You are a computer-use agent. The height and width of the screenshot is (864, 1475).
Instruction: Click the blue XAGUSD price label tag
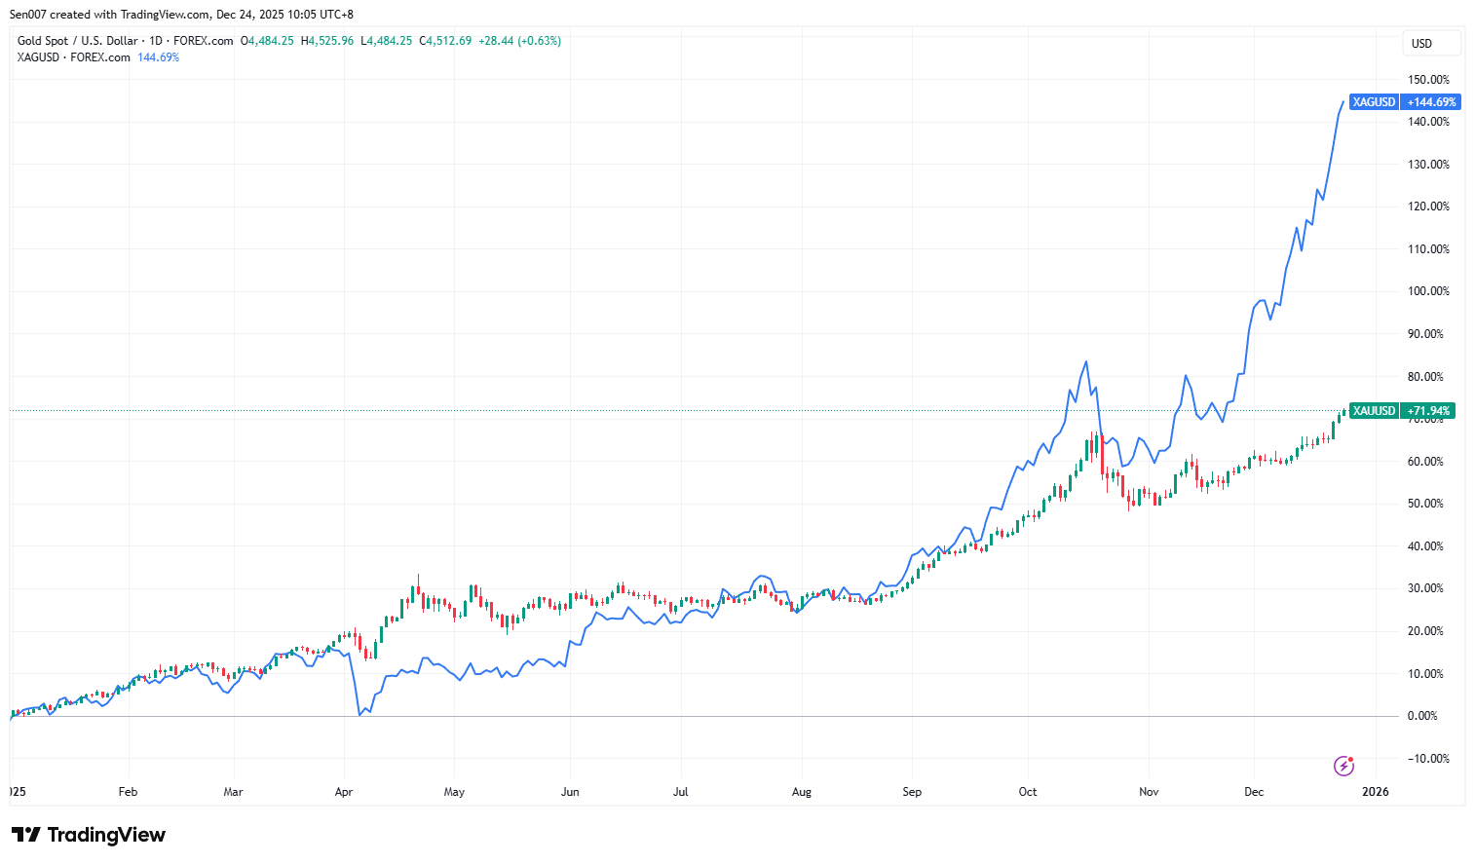1374,102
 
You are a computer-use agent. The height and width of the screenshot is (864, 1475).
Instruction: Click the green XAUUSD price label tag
1374,411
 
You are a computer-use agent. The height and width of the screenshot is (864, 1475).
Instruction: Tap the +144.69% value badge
1431,102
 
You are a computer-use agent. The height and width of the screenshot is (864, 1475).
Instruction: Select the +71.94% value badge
1428,411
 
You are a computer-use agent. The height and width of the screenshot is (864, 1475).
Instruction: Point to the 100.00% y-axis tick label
1428,291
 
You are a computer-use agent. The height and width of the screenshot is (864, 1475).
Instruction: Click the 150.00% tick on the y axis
1428,80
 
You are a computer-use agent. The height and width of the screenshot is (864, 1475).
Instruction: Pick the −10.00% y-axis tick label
1427,759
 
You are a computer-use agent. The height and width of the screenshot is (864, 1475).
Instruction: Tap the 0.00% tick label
1422,716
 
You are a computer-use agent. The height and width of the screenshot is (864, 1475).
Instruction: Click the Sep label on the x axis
912,792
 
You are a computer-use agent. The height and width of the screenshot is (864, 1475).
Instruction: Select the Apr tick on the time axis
343,792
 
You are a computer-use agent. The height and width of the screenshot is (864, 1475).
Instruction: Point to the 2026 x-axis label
1375,792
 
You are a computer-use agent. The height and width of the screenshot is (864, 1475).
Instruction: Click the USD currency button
1422,43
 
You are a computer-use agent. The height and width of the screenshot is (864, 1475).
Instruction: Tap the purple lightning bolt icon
1343,766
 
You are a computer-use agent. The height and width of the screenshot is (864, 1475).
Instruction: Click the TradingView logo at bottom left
89,835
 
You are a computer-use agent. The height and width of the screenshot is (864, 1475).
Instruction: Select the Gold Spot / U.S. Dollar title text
77,41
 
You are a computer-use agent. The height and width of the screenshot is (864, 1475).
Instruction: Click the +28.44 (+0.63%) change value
519,41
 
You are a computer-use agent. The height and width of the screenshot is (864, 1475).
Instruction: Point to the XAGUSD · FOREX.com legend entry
73,57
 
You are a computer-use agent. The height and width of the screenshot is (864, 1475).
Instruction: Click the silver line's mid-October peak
1086,361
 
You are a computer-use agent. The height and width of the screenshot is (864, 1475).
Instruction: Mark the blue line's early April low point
360,715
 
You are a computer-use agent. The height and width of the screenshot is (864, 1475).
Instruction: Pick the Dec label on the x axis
1254,792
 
